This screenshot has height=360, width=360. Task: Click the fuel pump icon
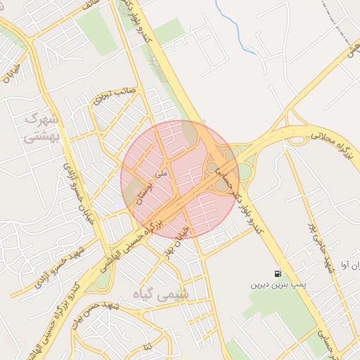click(x=279, y=274)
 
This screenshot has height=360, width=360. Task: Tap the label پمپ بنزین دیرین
click(x=278, y=286)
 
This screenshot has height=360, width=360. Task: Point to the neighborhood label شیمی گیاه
click(x=166, y=295)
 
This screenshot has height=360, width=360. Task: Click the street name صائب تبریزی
click(x=114, y=95)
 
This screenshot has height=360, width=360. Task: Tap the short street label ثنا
click(x=147, y=347)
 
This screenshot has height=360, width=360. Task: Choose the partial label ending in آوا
click(x=348, y=266)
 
